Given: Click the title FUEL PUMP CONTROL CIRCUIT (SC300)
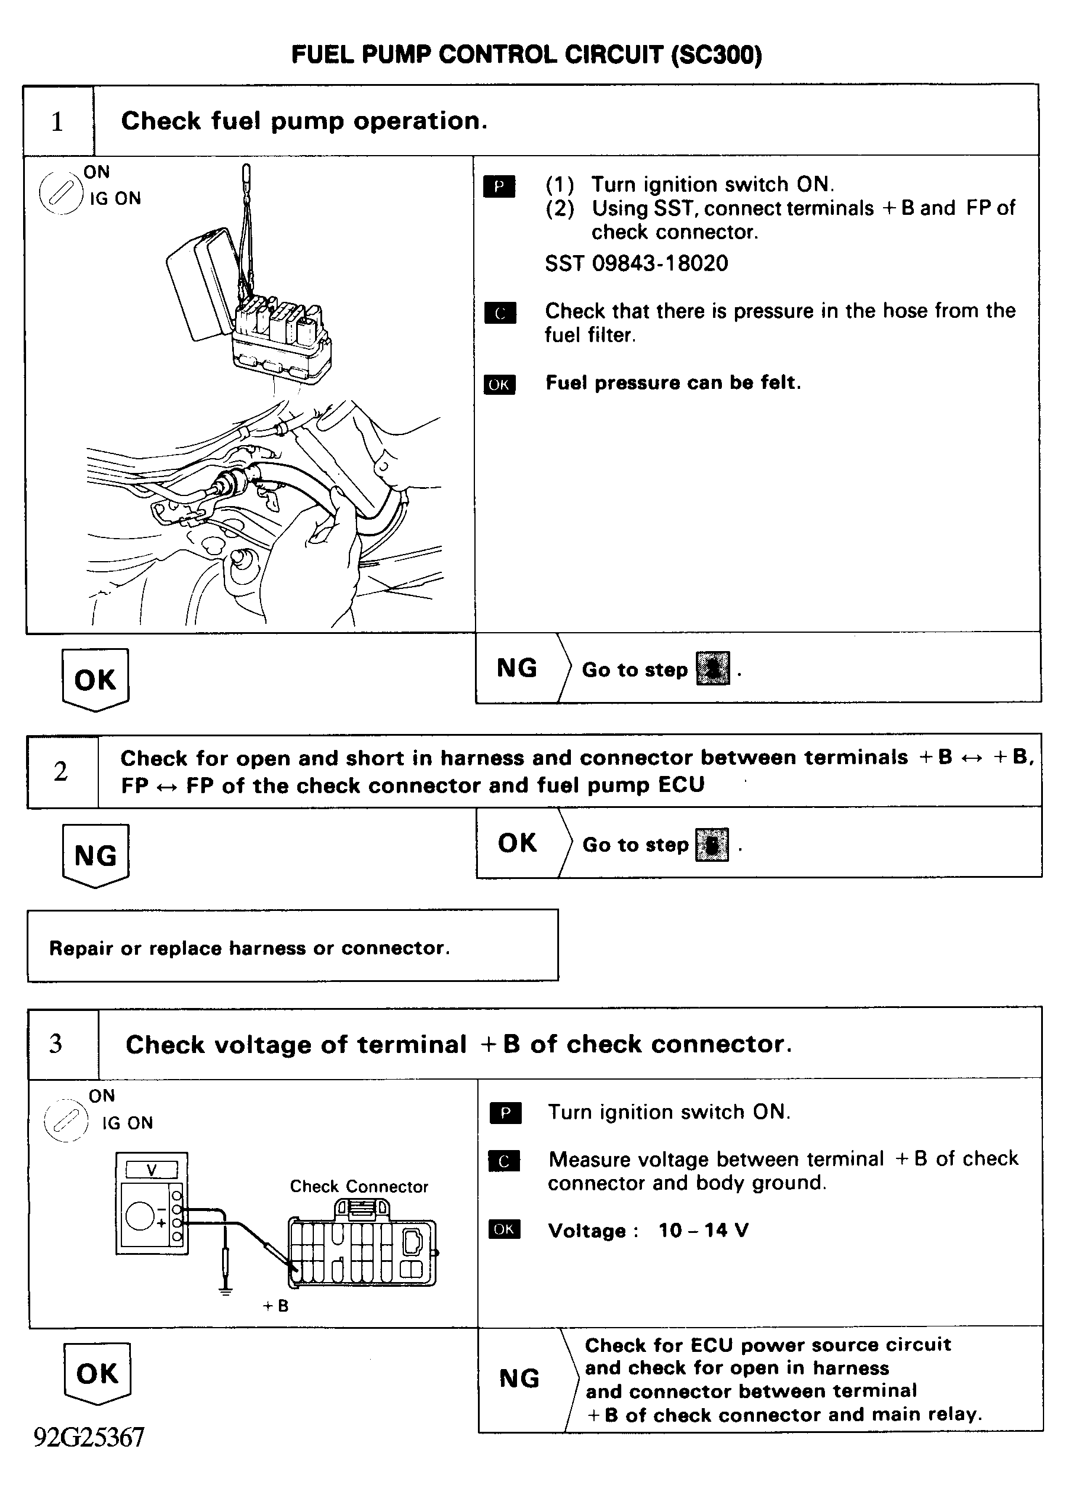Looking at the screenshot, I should coord(526,55).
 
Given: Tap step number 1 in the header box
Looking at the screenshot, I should coord(58,122).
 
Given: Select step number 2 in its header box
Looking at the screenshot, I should coord(61,771).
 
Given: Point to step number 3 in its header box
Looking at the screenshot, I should coord(56,1044).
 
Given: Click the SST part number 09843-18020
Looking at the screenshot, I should coord(660,264).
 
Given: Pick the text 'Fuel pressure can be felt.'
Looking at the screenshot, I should coord(673,383).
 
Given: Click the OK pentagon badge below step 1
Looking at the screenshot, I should coord(95,680).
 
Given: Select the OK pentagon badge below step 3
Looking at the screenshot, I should coord(97,1374).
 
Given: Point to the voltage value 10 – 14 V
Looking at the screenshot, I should coord(703,1231).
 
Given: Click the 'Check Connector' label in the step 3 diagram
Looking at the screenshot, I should coord(359,1187).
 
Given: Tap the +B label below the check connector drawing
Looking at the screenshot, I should coord(276,1306).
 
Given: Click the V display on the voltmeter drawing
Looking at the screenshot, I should coord(152,1170).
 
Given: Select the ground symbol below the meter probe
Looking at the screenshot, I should coord(225,1292).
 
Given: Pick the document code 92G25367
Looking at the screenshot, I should coord(89,1437).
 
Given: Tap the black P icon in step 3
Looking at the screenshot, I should coord(505,1113).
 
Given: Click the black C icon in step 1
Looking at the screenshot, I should coord(500,314).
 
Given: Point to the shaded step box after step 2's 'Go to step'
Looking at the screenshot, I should coord(712,845).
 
